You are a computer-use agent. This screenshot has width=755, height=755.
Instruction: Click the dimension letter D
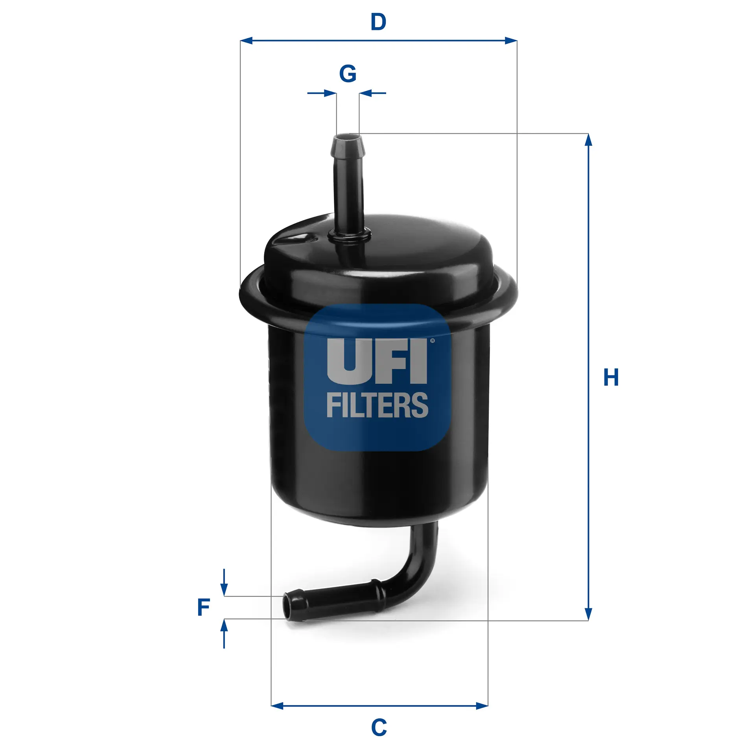(x=378, y=22)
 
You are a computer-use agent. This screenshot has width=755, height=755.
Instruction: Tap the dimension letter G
(x=348, y=74)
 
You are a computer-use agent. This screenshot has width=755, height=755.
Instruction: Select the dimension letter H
(x=611, y=377)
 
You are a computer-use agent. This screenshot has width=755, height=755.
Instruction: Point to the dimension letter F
(x=204, y=607)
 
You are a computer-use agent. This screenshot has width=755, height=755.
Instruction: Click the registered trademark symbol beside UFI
(x=433, y=341)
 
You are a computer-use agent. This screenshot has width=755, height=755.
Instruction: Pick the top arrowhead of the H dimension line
(x=588, y=140)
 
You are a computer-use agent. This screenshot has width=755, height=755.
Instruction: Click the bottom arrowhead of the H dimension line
(x=588, y=614)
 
